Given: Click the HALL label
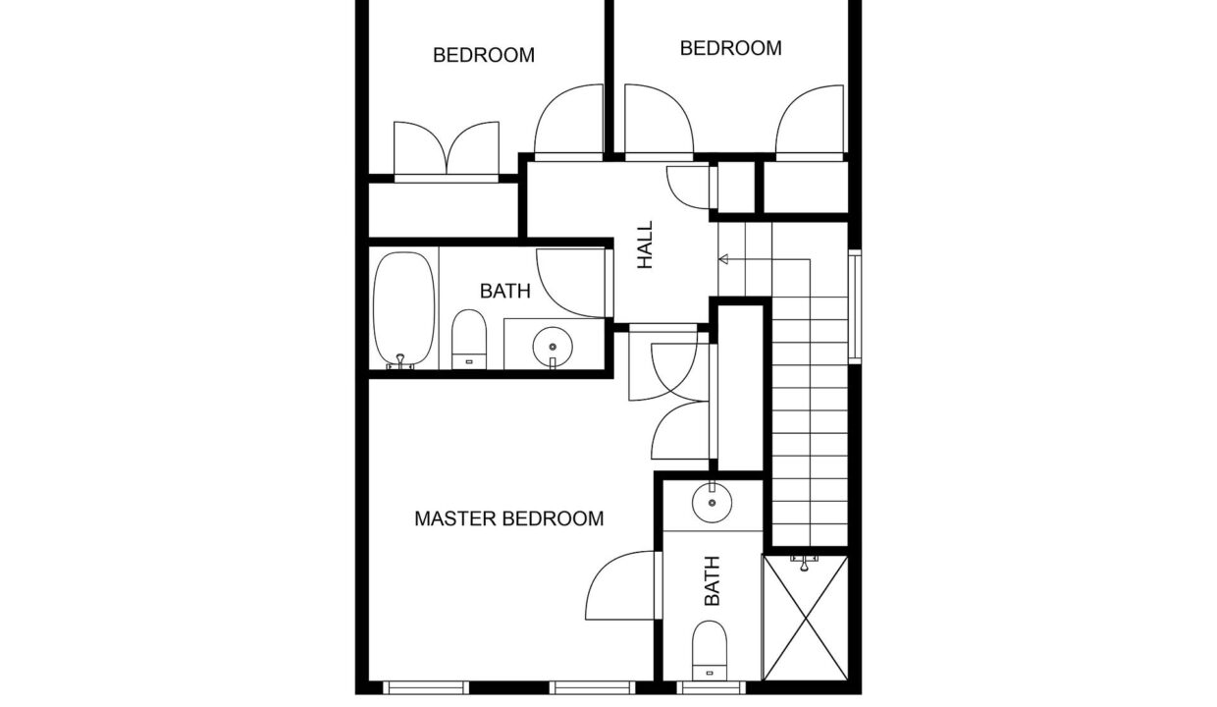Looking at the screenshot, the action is click(645, 245).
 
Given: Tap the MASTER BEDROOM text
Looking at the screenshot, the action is click(509, 518).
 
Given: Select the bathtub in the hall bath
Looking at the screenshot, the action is click(404, 308).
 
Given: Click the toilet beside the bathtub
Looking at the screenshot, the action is click(469, 339).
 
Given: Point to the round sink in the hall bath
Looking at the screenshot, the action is click(553, 347).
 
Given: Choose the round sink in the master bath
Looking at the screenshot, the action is click(712, 502).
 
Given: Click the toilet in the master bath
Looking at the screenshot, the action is click(710, 650).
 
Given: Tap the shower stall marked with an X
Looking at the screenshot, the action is click(806, 618).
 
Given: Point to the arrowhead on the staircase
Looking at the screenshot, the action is click(723, 259).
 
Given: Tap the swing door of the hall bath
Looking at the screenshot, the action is click(574, 283).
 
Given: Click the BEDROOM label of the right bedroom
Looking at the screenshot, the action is click(731, 48).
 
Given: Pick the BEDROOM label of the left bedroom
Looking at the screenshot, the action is click(484, 55).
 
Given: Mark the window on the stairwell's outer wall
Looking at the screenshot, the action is click(855, 306).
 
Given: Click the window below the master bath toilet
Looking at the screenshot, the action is click(712, 687).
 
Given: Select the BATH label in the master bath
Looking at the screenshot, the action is click(712, 581).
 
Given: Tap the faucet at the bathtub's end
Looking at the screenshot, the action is click(400, 362).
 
